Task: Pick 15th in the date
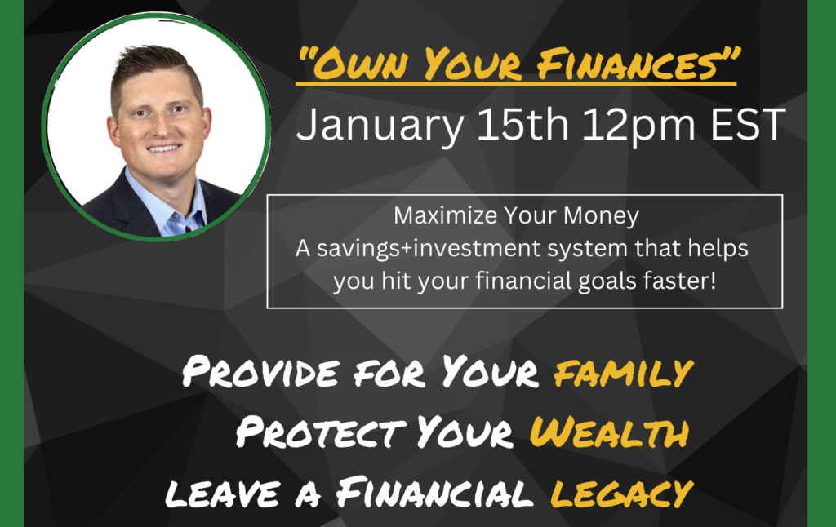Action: tap(523, 124)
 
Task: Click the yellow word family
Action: tap(623, 372)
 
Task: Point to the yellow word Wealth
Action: tap(609, 432)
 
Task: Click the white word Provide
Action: tap(260, 371)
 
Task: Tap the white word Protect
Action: tap(320, 432)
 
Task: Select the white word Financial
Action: tap(434, 493)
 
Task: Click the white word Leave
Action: tap(222, 494)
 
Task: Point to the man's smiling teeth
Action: tap(163, 148)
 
